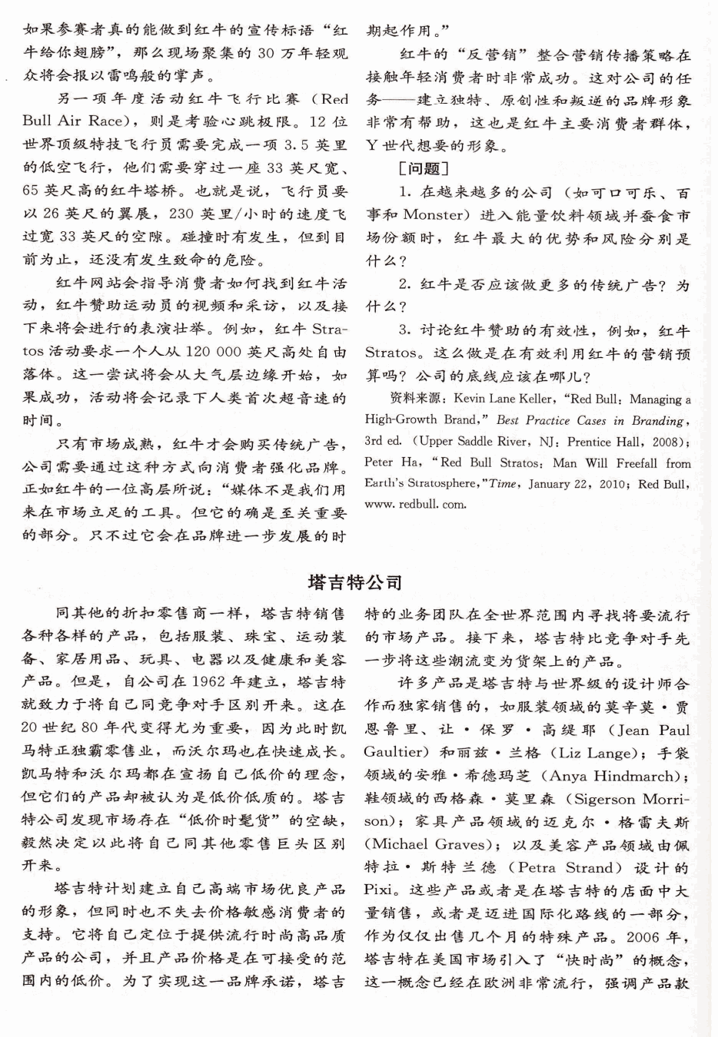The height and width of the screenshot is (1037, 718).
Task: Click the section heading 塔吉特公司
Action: pos(355,582)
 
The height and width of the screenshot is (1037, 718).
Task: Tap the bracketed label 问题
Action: pos(423,167)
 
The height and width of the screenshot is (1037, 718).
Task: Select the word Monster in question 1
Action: pos(436,215)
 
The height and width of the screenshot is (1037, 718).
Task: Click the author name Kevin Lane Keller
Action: pos(503,399)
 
